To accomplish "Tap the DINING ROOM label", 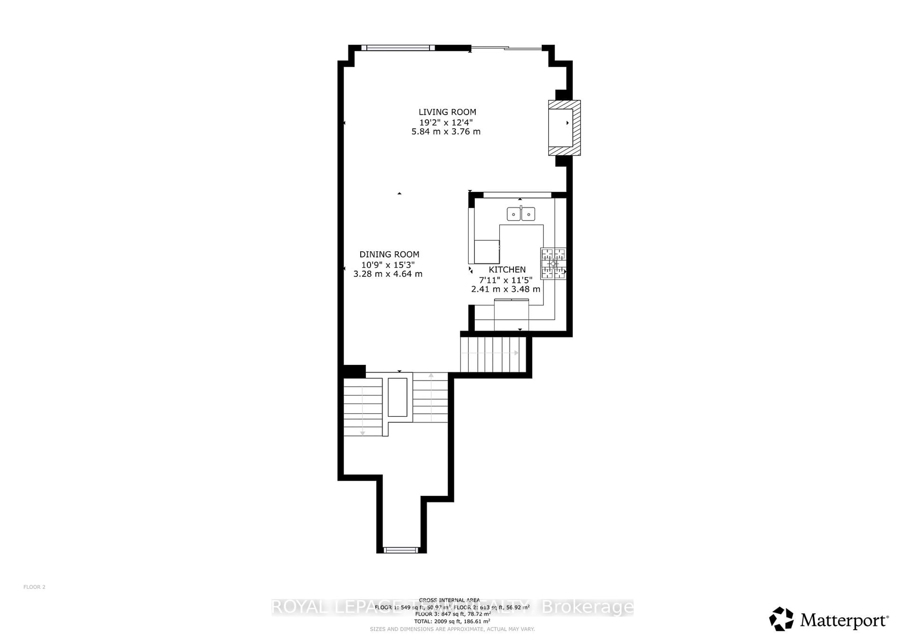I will pos(389,254).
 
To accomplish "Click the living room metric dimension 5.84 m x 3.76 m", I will pos(446,132).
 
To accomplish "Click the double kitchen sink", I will pos(521,214).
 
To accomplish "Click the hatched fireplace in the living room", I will pos(564,128).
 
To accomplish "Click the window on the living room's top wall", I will pos(398,48).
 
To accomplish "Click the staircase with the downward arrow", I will pos(363,407).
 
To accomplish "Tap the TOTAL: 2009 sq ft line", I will pos(452,621).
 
